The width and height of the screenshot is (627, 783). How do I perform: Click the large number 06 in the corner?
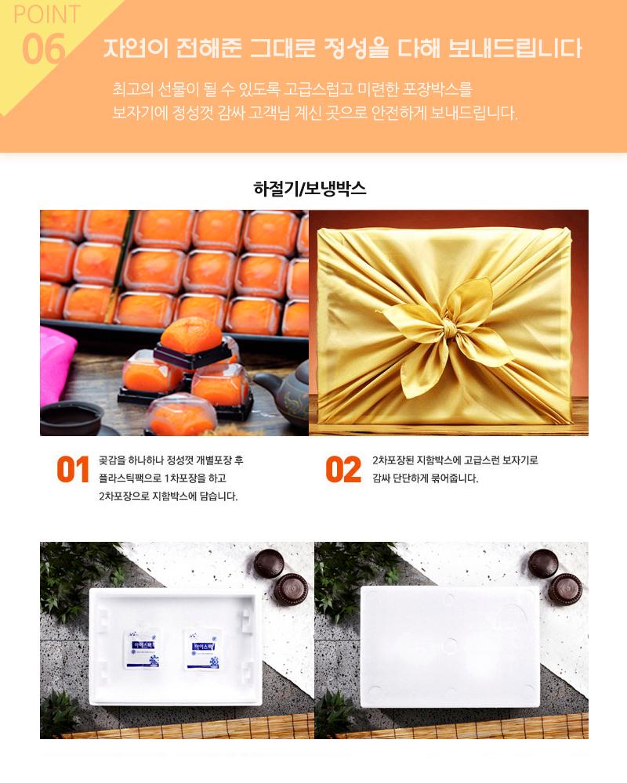point(44,49)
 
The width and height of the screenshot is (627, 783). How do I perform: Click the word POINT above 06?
point(46,14)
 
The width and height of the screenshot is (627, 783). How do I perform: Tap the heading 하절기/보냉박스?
point(310,188)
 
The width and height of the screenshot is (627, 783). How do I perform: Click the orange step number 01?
point(73,469)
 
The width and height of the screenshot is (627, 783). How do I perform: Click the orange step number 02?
point(343,469)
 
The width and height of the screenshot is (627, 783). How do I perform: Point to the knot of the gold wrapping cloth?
point(447,329)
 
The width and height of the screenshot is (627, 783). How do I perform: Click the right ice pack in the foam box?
point(202,648)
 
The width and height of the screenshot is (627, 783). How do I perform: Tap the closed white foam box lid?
point(450,648)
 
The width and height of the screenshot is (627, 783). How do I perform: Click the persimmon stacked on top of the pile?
point(191,335)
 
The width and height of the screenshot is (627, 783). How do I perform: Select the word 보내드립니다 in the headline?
point(515,49)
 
